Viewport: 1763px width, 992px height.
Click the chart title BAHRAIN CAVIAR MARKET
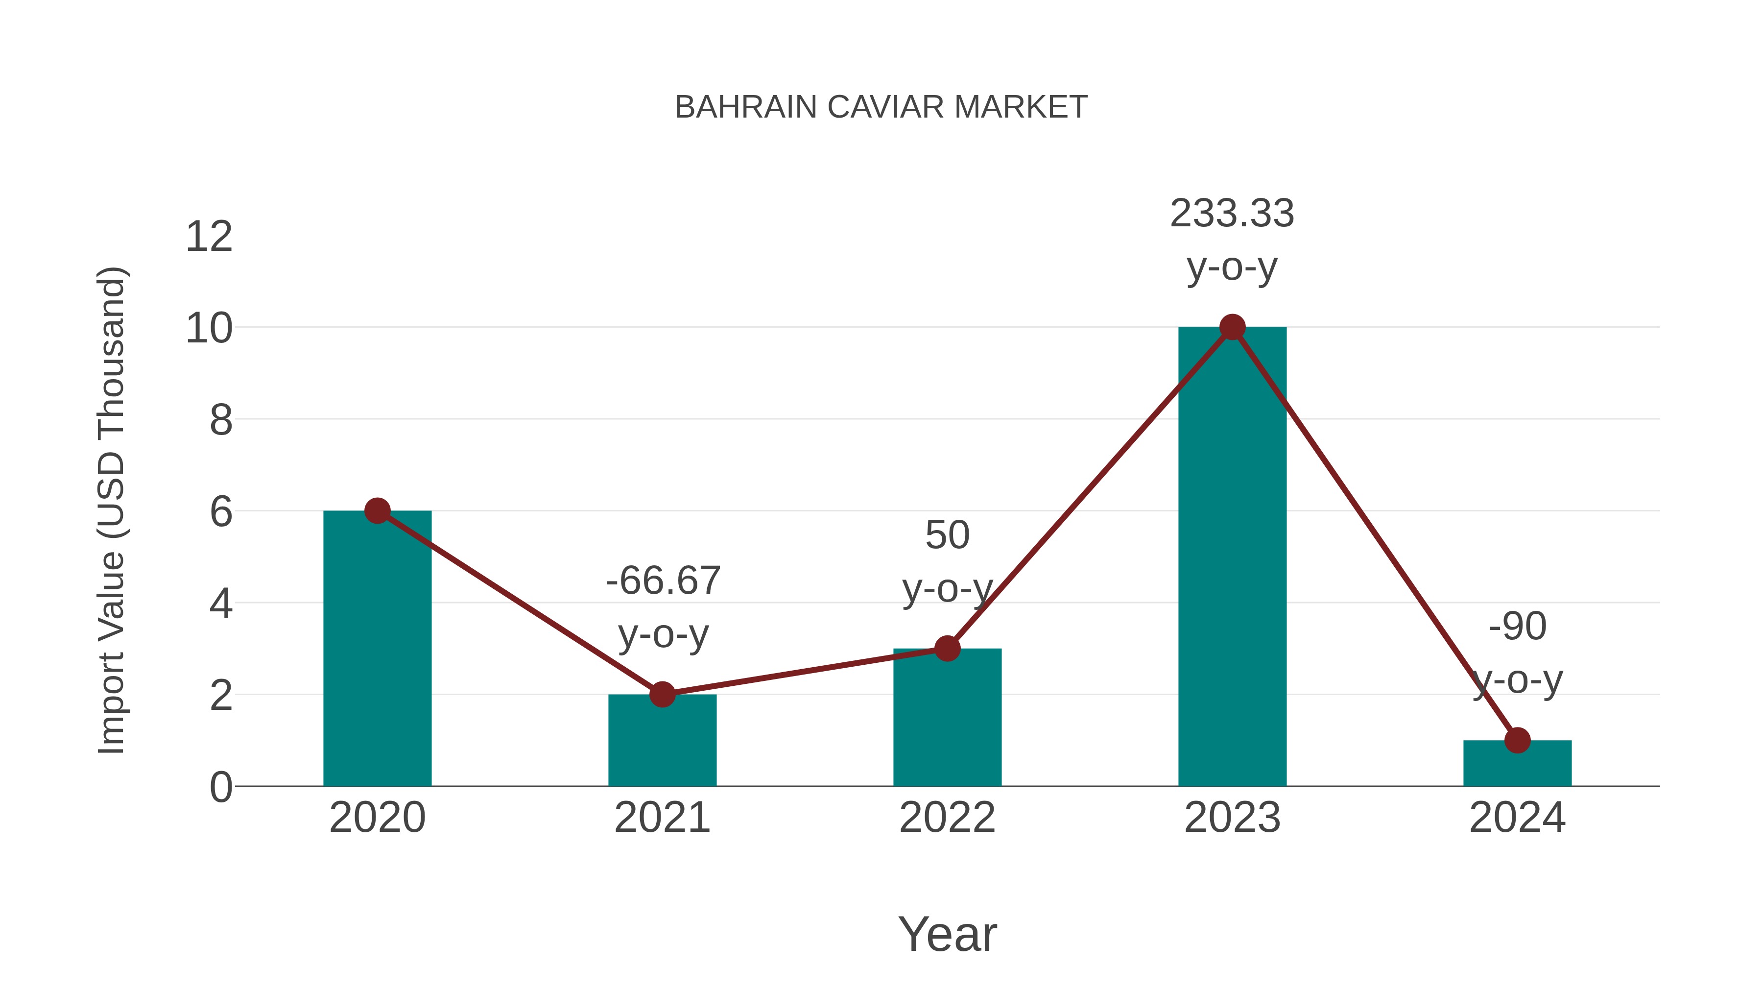pyautogui.click(x=881, y=107)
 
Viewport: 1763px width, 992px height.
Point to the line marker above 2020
pyautogui.click(x=377, y=511)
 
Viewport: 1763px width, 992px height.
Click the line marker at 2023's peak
pyautogui.click(x=1232, y=327)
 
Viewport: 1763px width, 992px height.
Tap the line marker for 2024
pyautogui.click(x=1517, y=740)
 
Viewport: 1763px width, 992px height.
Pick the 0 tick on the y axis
pyautogui.click(x=220, y=787)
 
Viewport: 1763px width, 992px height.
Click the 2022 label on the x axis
pyautogui.click(x=947, y=818)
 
